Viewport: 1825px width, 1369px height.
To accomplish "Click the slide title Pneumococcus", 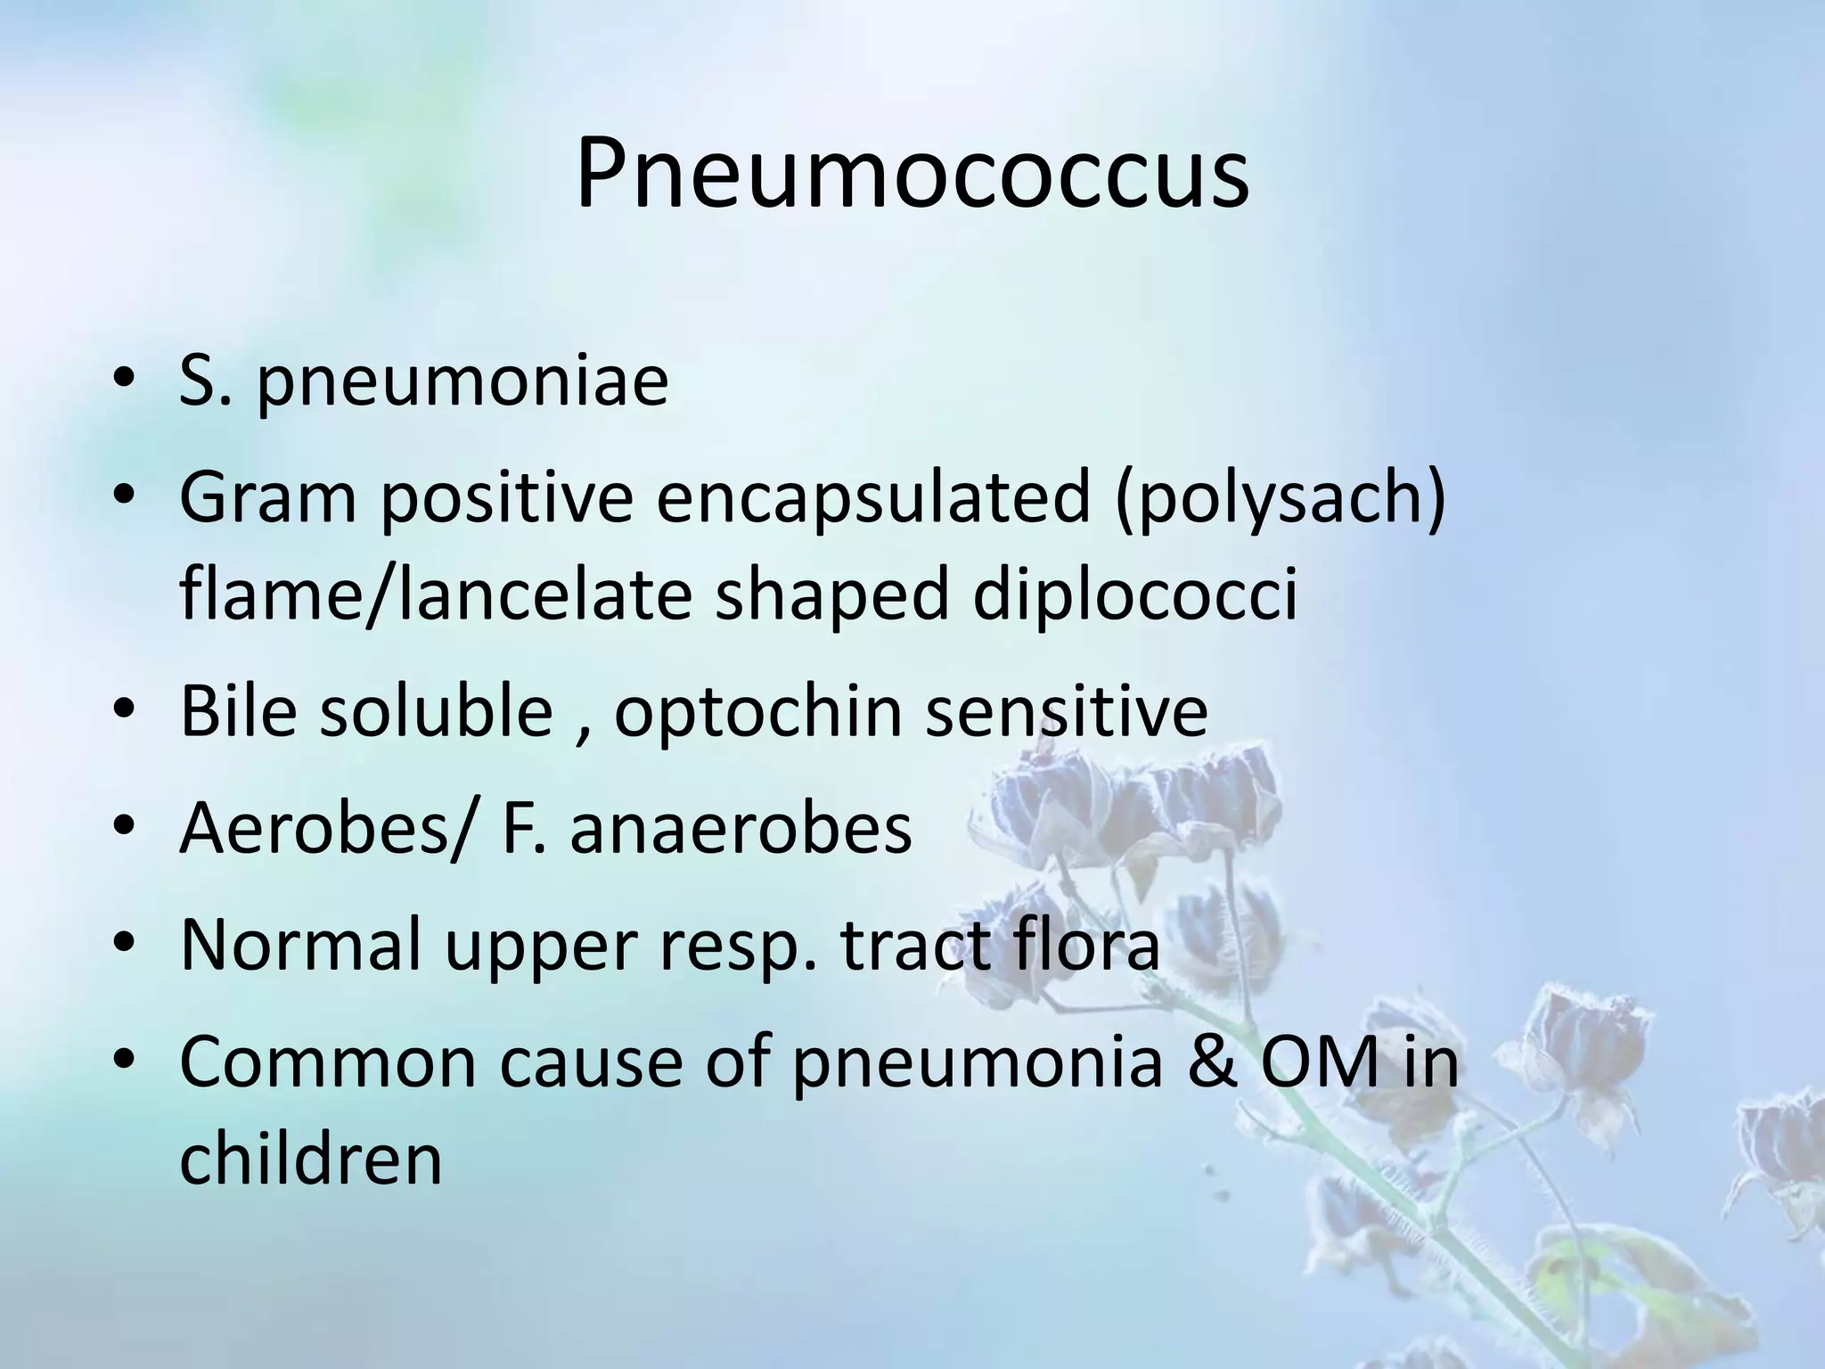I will click(x=912, y=175).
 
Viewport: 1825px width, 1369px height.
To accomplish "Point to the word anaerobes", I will click(x=741, y=829).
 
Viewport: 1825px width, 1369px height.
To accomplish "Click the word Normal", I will click(x=299, y=944).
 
